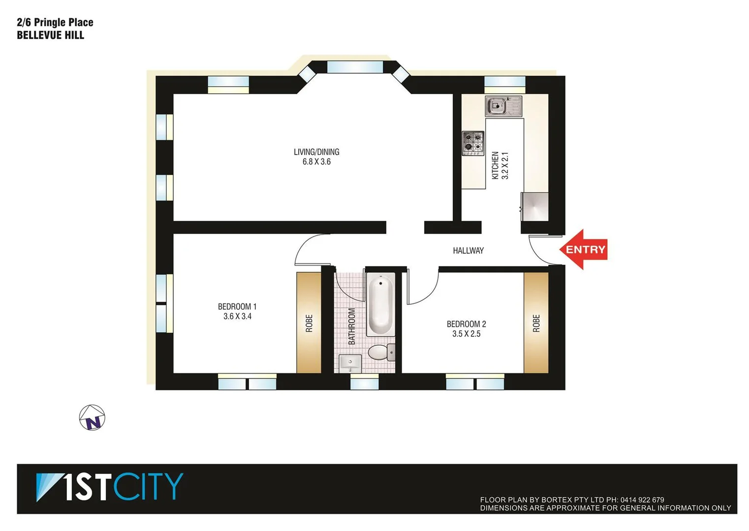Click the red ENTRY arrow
pyautogui.click(x=584, y=249)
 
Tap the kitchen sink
pyautogui.click(x=503, y=106)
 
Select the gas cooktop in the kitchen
pyautogui.click(x=473, y=143)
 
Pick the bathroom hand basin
pyautogui.click(x=350, y=364)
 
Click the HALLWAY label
pyautogui.click(x=468, y=251)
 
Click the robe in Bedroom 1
pyautogui.click(x=309, y=323)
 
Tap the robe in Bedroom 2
pyautogui.click(x=536, y=323)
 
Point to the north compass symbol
pyautogui.click(x=93, y=418)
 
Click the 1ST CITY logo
pyautogui.click(x=110, y=487)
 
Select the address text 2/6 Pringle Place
pyautogui.click(x=55, y=23)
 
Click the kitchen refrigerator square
pyautogui.click(x=535, y=206)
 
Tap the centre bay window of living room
pyautogui.click(x=355, y=67)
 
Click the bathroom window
pyautogui.click(x=364, y=382)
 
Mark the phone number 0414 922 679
pyautogui.click(x=642, y=500)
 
